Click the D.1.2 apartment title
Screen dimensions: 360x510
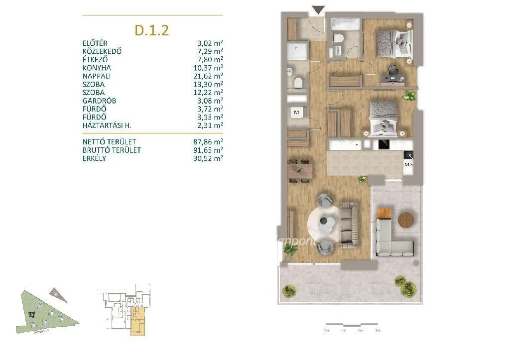coord(152,30)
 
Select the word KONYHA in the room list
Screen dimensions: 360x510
coord(97,68)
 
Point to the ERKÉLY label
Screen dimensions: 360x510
coord(94,158)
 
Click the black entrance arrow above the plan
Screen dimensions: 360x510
coord(318,10)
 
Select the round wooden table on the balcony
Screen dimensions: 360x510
coord(406,219)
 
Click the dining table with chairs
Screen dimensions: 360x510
coord(300,171)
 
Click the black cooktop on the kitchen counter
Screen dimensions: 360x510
coord(384,145)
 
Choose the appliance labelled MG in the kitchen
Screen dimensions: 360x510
coord(408,164)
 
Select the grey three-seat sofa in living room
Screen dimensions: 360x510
coord(348,224)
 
